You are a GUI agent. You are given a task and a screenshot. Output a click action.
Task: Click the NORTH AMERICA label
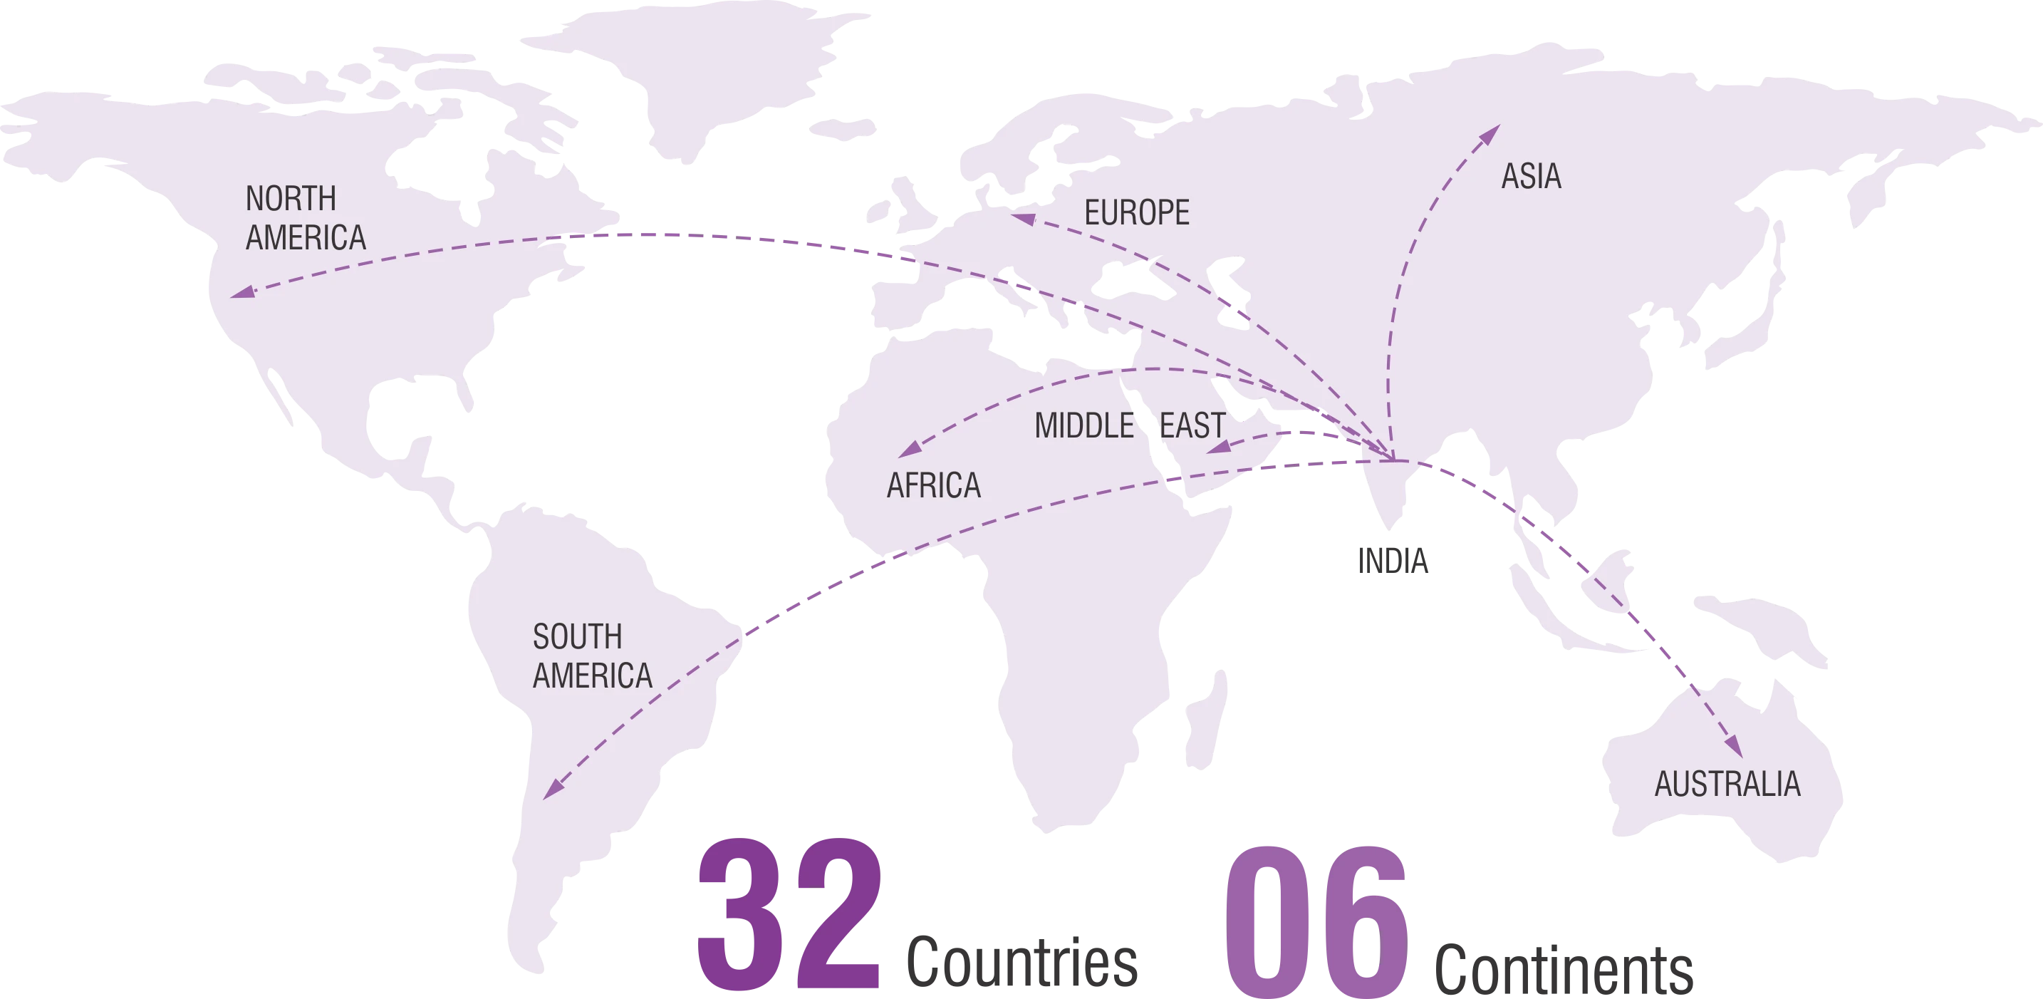click(x=306, y=218)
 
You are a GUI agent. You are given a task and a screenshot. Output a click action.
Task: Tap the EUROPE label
click(x=1136, y=212)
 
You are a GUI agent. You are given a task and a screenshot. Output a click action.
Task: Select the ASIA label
click(x=1531, y=176)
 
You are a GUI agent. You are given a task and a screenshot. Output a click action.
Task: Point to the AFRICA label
click(x=933, y=485)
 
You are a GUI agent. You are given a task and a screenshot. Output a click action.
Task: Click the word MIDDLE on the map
click(x=1083, y=426)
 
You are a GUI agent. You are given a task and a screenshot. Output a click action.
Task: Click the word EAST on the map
click(x=1192, y=425)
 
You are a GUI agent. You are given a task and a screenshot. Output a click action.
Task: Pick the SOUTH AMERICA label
click(x=592, y=656)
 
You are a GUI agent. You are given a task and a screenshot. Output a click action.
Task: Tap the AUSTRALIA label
click(x=1727, y=784)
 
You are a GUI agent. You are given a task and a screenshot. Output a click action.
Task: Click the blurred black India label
click(x=1393, y=561)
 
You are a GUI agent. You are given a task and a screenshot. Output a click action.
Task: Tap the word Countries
click(x=1022, y=963)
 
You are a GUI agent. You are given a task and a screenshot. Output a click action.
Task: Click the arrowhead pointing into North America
click(x=242, y=293)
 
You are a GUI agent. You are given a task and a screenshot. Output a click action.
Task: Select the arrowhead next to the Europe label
click(x=1023, y=217)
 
